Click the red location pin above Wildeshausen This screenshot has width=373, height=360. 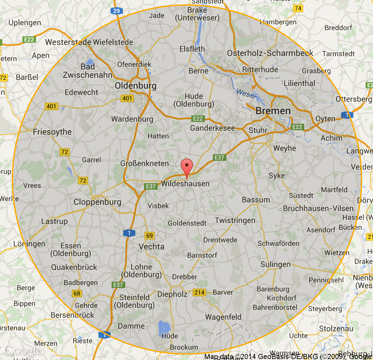pyautogui.click(x=187, y=167)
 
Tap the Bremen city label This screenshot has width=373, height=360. pyautogui.click(x=273, y=111)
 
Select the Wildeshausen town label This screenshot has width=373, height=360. pyautogui.click(x=185, y=184)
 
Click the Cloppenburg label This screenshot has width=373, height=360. pyautogui.click(x=97, y=202)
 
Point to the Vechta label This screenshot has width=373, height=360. pyautogui.click(x=151, y=247)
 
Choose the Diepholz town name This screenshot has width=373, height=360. pyautogui.click(x=172, y=294)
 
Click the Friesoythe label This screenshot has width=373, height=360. pyautogui.click(x=52, y=132)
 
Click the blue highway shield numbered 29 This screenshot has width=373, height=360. pyautogui.click(x=116, y=11)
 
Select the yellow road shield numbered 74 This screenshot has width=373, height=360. pyautogui.click(x=298, y=8)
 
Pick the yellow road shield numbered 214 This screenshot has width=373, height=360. pyautogui.click(x=199, y=292)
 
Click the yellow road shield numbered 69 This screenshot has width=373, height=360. pyautogui.click(x=150, y=236)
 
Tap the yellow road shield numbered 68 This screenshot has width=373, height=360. pyautogui.click(x=77, y=293)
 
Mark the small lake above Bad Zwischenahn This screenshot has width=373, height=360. pyautogui.click(x=89, y=61)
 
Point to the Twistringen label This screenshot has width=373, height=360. pyautogui.click(x=235, y=220)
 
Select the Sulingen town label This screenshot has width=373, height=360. pyautogui.click(x=276, y=265)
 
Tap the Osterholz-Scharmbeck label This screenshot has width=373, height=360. pyautogui.click(x=270, y=53)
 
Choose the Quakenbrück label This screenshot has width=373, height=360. pyautogui.click(x=74, y=267)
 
